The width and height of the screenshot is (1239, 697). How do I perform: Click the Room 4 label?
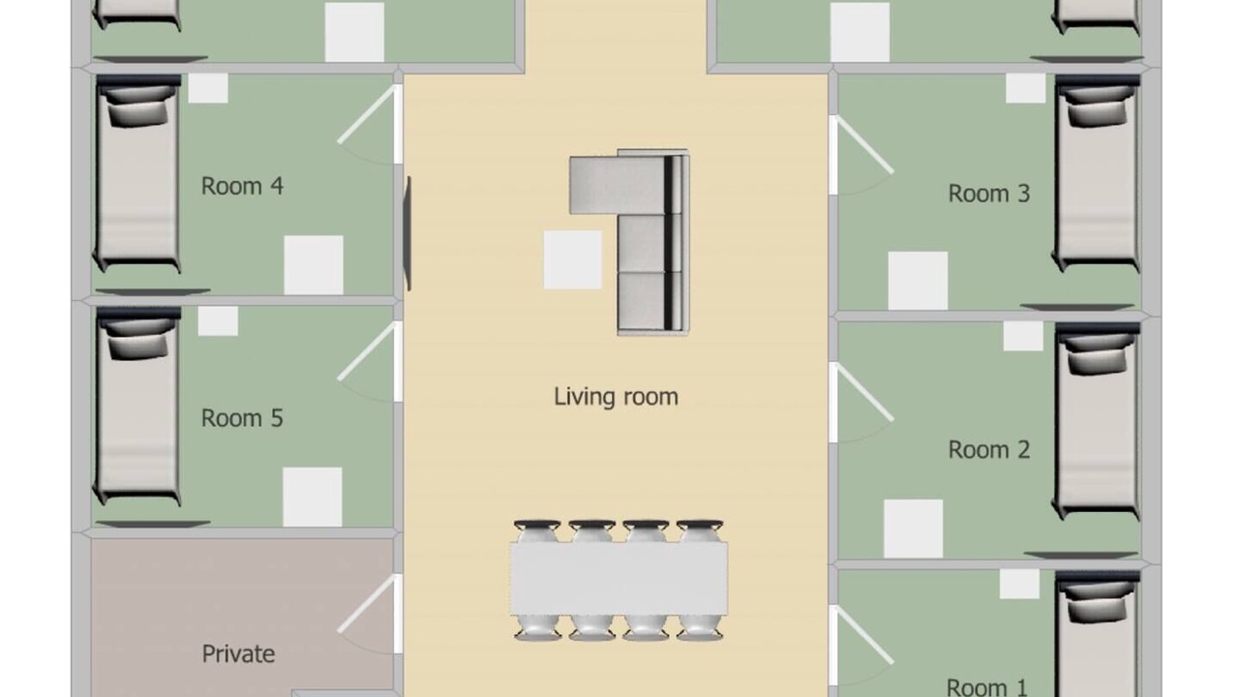tap(242, 186)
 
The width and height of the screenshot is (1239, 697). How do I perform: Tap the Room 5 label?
tap(242, 418)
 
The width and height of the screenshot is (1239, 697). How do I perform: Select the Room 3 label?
tap(989, 194)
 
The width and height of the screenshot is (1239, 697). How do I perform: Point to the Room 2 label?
tap(989, 450)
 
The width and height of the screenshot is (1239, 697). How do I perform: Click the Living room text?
tap(616, 397)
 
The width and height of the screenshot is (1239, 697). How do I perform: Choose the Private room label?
tap(238, 654)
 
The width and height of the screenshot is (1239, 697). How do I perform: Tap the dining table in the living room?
tap(619, 579)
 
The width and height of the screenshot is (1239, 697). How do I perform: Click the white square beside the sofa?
tap(572, 259)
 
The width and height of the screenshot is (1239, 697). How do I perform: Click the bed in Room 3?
tap(1097, 173)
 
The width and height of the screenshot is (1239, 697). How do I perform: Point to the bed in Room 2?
tap(1097, 421)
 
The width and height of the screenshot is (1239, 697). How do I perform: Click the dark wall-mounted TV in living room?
tap(408, 233)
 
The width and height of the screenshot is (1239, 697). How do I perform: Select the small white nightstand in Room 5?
tap(218, 320)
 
